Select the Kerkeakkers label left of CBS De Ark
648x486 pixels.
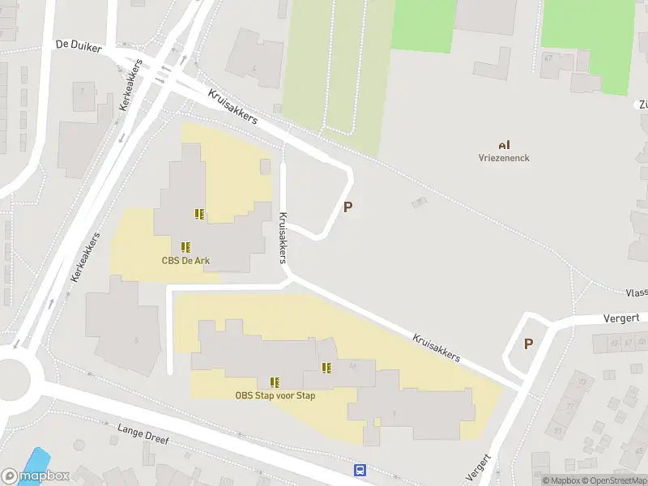[85, 257]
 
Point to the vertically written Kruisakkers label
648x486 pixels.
[283, 237]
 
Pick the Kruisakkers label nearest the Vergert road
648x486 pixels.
[436, 347]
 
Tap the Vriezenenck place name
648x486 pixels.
[504, 158]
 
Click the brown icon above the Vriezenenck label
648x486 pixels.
[504, 144]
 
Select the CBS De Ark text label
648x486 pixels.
[185, 260]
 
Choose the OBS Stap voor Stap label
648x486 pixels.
[275, 395]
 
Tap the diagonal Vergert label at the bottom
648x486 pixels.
[480, 467]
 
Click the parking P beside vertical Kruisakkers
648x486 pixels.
[348, 207]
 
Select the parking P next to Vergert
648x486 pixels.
[528, 343]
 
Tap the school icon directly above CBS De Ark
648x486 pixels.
[185, 246]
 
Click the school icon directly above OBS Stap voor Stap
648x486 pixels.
[275, 382]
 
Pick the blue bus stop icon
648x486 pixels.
[360, 470]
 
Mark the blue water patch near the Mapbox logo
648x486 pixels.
[36, 458]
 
